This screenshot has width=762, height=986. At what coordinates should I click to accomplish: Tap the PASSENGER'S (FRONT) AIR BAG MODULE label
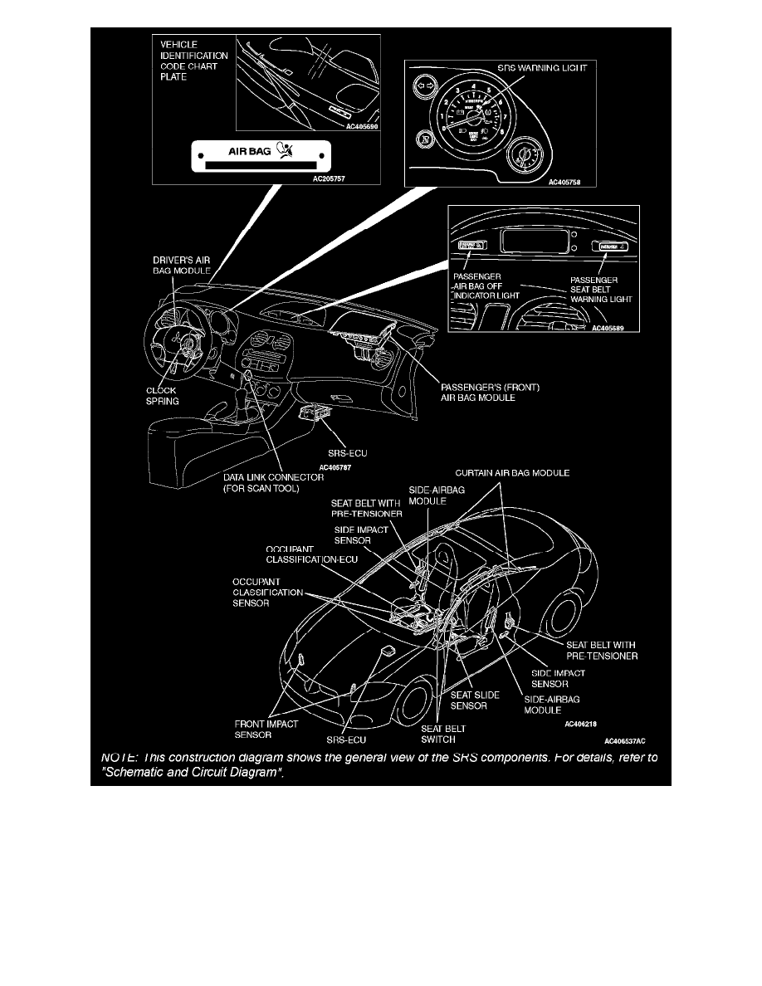click(x=491, y=392)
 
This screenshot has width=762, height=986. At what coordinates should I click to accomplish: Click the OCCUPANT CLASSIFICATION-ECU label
click(x=312, y=554)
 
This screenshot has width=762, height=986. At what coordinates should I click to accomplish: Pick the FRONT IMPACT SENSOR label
click(x=266, y=729)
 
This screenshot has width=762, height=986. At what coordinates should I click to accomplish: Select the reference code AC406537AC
click(x=624, y=740)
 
